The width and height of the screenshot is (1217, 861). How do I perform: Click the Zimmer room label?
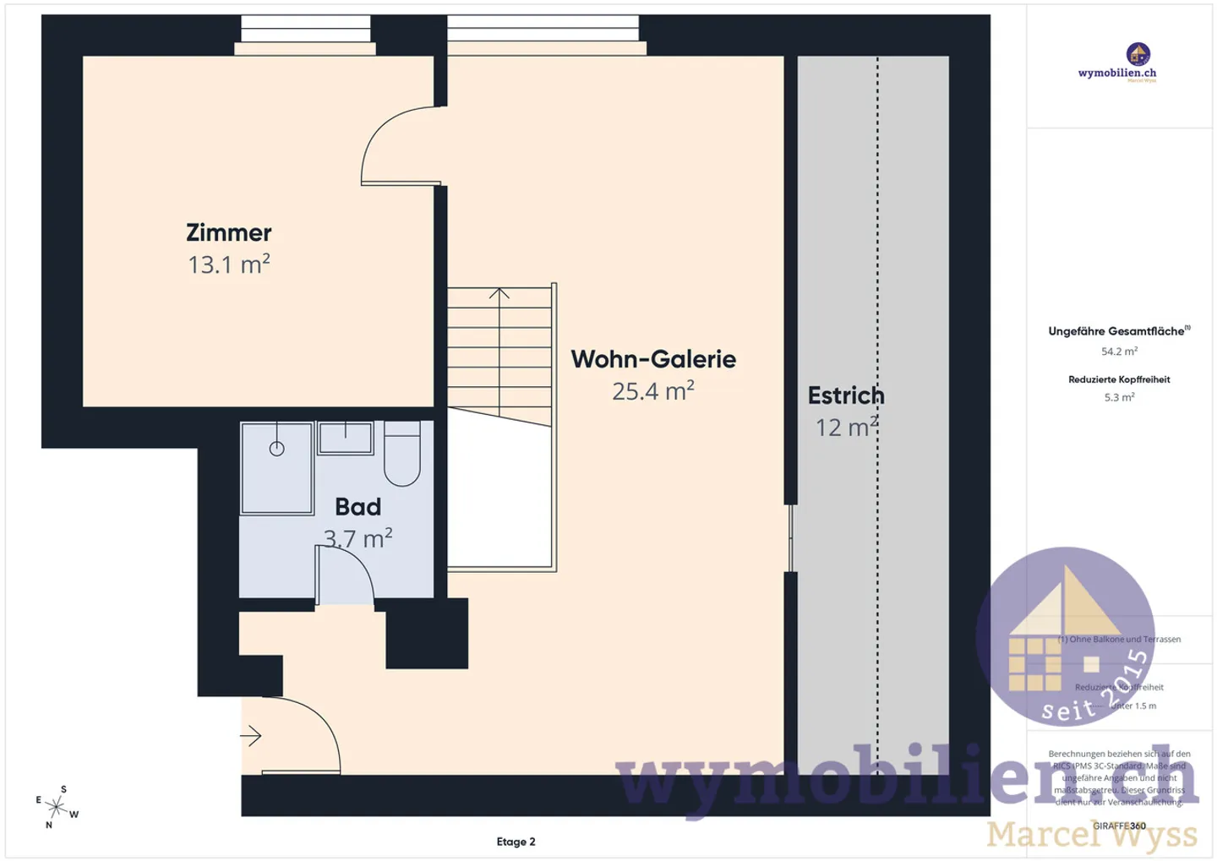coord(228,232)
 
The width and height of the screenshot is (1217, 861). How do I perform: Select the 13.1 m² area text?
coord(228,264)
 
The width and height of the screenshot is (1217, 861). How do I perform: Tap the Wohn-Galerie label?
coord(652,359)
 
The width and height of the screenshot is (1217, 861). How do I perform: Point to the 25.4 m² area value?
coord(652,391)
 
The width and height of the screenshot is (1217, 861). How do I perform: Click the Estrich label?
coord(845,395)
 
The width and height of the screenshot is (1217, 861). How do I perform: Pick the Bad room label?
coord(357,507)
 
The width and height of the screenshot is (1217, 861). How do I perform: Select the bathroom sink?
coord(346,438)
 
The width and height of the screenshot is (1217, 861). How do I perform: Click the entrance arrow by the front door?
coord(251,736)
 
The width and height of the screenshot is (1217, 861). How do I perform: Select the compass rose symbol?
coord(57,806)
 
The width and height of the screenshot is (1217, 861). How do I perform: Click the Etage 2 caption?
coord(516,842)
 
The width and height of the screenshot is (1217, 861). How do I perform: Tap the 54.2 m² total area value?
coord(1119,351)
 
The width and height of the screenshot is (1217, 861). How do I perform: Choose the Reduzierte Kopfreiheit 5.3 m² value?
coord(1119,397)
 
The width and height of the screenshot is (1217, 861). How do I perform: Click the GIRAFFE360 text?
coord(1119,826)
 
